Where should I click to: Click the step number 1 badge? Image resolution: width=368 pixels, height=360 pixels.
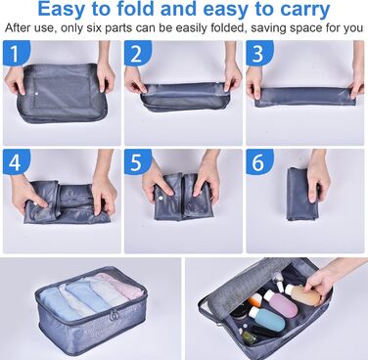[x=15, y=53]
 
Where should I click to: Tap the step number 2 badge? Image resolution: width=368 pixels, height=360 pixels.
[x=137, y=53]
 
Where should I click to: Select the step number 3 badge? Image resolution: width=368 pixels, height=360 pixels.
[x=258, y=53]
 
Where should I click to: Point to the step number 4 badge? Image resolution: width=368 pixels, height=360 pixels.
[x=15, y=162]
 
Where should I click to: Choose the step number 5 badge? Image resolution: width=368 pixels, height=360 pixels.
[x=137, y=162]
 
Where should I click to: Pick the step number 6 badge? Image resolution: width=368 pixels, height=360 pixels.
[x=258, y=162]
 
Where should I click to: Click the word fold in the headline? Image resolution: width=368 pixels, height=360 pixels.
[x=136, y=10]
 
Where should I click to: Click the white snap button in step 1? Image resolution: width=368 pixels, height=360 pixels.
[x=36, y=95]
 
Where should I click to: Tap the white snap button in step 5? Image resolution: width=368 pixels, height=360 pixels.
[x=161, y=198]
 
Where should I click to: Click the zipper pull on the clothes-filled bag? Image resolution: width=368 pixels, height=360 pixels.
[x=115, y=316]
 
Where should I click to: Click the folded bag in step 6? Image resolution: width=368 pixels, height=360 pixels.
[x=302, y=194]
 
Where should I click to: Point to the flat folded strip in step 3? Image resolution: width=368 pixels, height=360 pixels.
[x=304, y=97]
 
